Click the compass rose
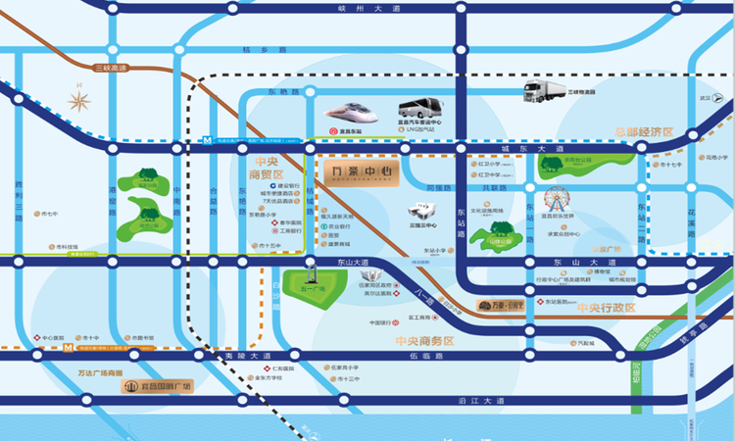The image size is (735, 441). tap(79, 100)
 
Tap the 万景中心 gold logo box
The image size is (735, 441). tap(362, 176)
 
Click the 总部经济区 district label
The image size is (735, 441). tap(644, 132)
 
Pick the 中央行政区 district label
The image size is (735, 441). tap(607, 309)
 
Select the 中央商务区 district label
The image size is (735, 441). tap(424, 341)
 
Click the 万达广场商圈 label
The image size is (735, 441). tap(101, 373)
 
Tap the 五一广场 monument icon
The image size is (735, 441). tap(310, 270)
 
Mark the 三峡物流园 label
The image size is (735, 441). tap(582, 91)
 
